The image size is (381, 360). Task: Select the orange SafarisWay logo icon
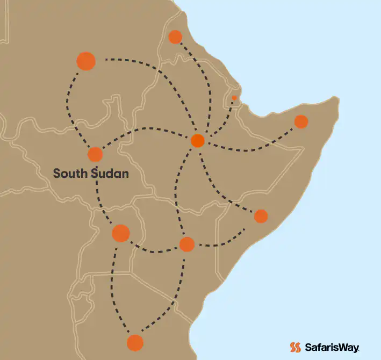(x=295, y=348)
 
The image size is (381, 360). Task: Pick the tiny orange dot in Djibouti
(x=234, y=98)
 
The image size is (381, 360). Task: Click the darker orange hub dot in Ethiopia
(x=198, y=141)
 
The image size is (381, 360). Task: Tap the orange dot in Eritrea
(x=175, y=37)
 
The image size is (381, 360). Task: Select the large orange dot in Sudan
(x=86, y=61)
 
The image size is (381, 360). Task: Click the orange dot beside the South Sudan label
(x=95, y=155)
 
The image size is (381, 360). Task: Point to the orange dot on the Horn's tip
(x=301, y=122)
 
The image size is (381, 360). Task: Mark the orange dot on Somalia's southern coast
(x=261, y=216)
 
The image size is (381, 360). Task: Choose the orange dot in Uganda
(x=121, y=233)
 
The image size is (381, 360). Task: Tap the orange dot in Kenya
(x=186, y=244)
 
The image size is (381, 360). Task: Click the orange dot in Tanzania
(x=135, y=342)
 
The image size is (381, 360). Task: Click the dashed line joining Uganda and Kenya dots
(x=153, y=250)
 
